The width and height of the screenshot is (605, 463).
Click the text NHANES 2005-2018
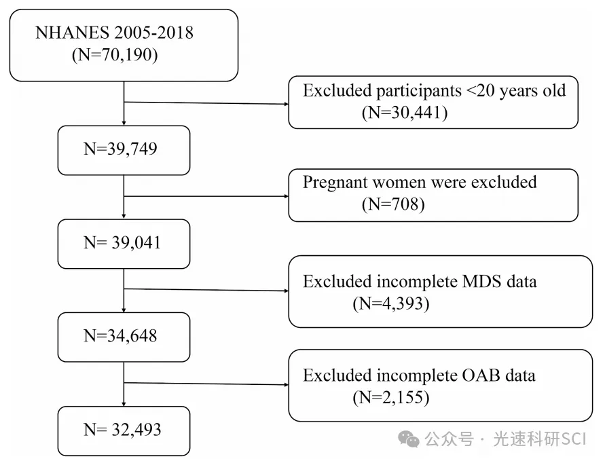(114, 33)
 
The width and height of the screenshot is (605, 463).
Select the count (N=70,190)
(115, 54)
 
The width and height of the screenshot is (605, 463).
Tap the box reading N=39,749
(124, 150)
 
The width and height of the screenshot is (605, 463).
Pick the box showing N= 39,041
(124, 244)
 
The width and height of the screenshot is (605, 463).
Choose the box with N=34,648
(124, 337)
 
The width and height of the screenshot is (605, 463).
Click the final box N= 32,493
(124, 431)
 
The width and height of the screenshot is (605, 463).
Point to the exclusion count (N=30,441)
(405, 113)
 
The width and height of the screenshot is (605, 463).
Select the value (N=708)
(393, 204)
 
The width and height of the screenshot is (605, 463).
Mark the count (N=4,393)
(391, 303)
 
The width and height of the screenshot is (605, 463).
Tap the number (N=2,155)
(391, 397)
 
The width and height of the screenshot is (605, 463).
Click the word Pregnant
(335, 183)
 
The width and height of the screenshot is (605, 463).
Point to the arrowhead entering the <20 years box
(287, 104)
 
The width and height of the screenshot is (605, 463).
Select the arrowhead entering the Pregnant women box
(287, 196)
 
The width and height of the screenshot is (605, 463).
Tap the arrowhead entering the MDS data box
(287, 291)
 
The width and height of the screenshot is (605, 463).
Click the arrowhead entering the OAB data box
(287, 384)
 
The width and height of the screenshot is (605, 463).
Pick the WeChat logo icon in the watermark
(408, 439)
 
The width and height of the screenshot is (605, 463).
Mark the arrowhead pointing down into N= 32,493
(124, 404)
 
